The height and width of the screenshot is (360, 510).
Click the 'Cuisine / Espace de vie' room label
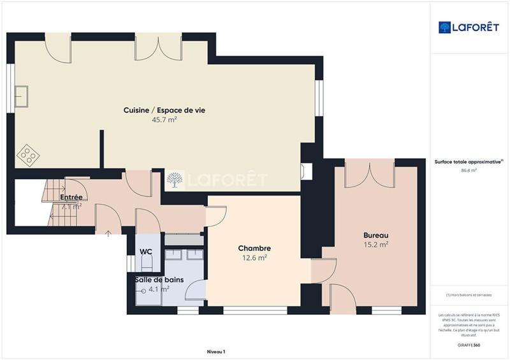pos(164,110)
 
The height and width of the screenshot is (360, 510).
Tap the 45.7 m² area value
pos(164,120)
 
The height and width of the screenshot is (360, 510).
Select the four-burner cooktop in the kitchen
pos(27,154)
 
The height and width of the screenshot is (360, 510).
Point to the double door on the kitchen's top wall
pos(152,48)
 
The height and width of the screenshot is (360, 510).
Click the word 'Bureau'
pos(375,234)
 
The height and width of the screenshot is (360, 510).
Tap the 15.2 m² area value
pos(375,244)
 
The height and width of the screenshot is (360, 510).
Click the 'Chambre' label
pos(254,248)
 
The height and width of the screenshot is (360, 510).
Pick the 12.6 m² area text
pos(254,258)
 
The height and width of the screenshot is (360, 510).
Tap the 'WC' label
pos(145,252)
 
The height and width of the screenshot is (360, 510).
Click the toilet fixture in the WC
pos(146,261)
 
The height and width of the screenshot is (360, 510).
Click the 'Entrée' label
pos(71,198)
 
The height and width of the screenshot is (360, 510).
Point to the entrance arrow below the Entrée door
pos(108,234)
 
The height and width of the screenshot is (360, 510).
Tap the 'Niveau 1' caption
pos(216,352)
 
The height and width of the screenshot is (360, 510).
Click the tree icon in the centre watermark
pos(173,180)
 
